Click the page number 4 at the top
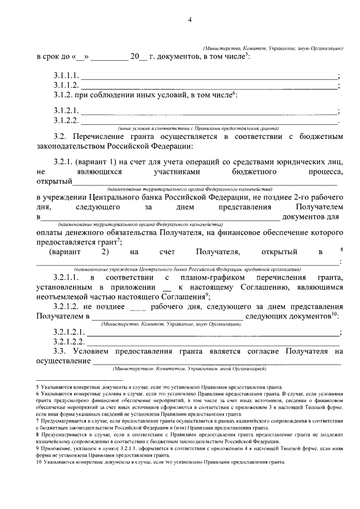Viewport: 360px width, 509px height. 190,21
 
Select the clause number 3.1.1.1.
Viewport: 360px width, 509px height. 66,75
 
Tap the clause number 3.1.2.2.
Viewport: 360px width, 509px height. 66,120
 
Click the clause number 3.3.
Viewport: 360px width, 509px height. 61,352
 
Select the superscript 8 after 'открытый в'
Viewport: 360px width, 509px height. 341,249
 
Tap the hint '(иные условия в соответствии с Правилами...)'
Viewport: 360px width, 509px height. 199,128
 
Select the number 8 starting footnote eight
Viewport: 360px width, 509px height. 37,435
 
